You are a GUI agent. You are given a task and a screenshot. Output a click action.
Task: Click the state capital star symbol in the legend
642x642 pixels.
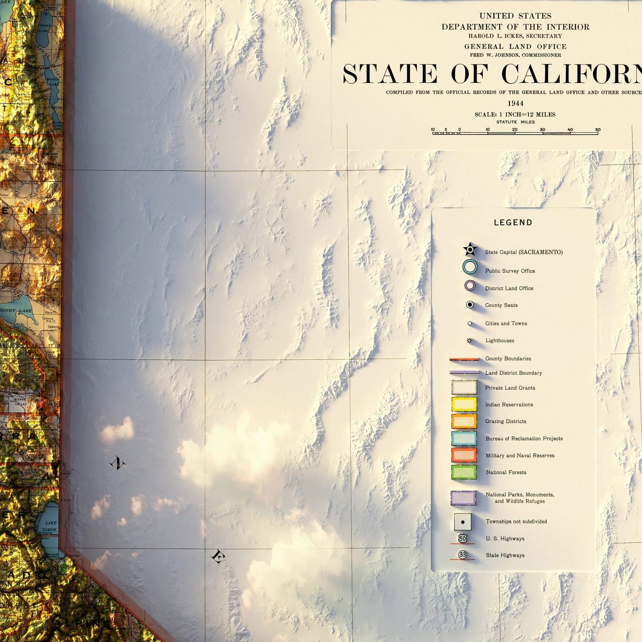click(470, 249)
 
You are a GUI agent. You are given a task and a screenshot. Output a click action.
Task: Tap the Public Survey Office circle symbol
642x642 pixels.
click(470, 266)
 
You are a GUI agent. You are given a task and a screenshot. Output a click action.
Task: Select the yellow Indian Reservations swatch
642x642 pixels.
click(464, 404)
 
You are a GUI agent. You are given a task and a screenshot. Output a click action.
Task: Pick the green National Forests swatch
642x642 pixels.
click(464, 472)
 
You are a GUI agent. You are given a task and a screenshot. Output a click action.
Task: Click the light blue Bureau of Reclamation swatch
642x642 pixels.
click(464, 438)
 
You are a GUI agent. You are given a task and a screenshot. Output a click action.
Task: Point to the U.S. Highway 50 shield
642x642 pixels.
click(462, 538)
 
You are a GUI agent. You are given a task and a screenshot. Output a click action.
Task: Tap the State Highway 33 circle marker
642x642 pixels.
click(462, 555)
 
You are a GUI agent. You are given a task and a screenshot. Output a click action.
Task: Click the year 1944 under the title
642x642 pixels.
click(515, 103)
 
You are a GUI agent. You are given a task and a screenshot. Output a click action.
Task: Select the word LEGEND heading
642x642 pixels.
click(513, 223)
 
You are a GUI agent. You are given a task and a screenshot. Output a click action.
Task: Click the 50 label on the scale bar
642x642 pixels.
click(598, 129)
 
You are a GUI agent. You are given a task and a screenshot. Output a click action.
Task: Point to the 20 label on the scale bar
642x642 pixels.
click(515, 129)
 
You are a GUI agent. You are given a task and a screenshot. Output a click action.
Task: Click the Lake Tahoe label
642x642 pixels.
click(50, 526)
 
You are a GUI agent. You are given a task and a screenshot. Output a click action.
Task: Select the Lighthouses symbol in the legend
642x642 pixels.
click(469, 341)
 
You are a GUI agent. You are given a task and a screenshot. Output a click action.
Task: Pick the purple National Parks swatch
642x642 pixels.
click(463, 498)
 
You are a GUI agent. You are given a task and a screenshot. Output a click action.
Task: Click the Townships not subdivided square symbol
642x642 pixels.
click(463, 522)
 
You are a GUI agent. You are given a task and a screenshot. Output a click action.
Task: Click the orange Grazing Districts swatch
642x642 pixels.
click(464, 421)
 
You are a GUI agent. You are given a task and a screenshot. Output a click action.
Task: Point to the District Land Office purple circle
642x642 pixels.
click(470, 286)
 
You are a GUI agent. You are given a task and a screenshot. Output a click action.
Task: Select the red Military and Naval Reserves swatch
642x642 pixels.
click(464, 455)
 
